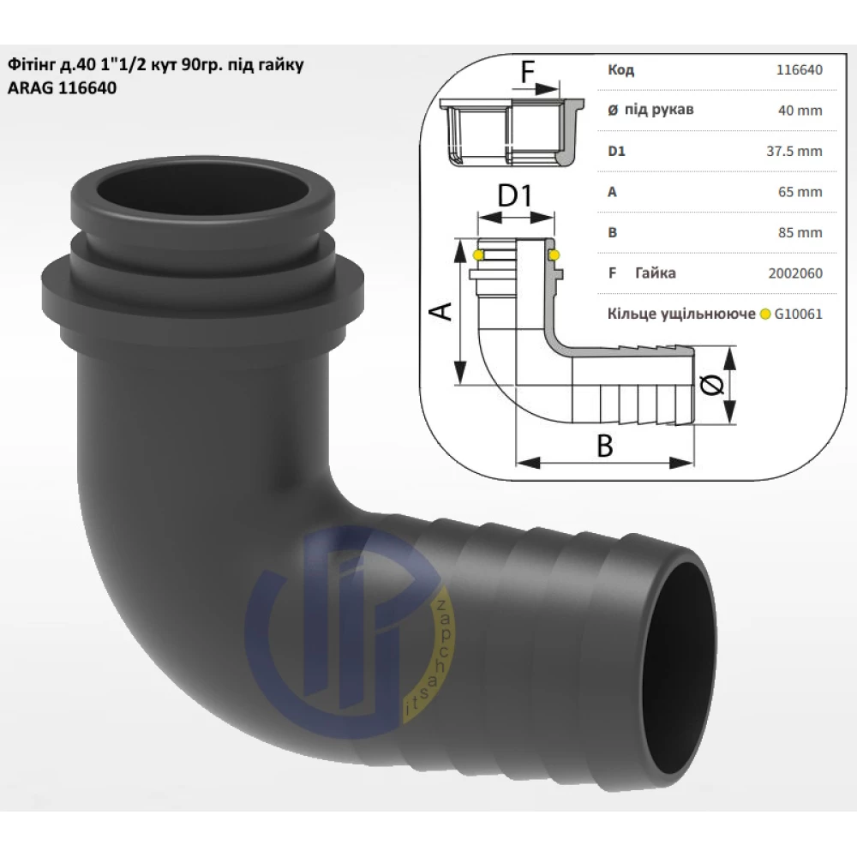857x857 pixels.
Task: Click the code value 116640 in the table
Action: [799, 70]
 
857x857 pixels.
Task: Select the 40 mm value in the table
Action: [800, 111]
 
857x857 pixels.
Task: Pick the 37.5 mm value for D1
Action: [794, 152]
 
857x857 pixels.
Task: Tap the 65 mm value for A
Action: [800, 192]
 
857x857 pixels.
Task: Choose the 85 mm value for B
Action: [800, 233]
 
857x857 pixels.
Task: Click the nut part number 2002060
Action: [795, 273]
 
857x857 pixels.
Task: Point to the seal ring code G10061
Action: [798, 315]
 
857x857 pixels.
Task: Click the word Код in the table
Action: [620, 70]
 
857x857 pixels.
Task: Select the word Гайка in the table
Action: [656, 273]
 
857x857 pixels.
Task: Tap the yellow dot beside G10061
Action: [764, 315]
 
